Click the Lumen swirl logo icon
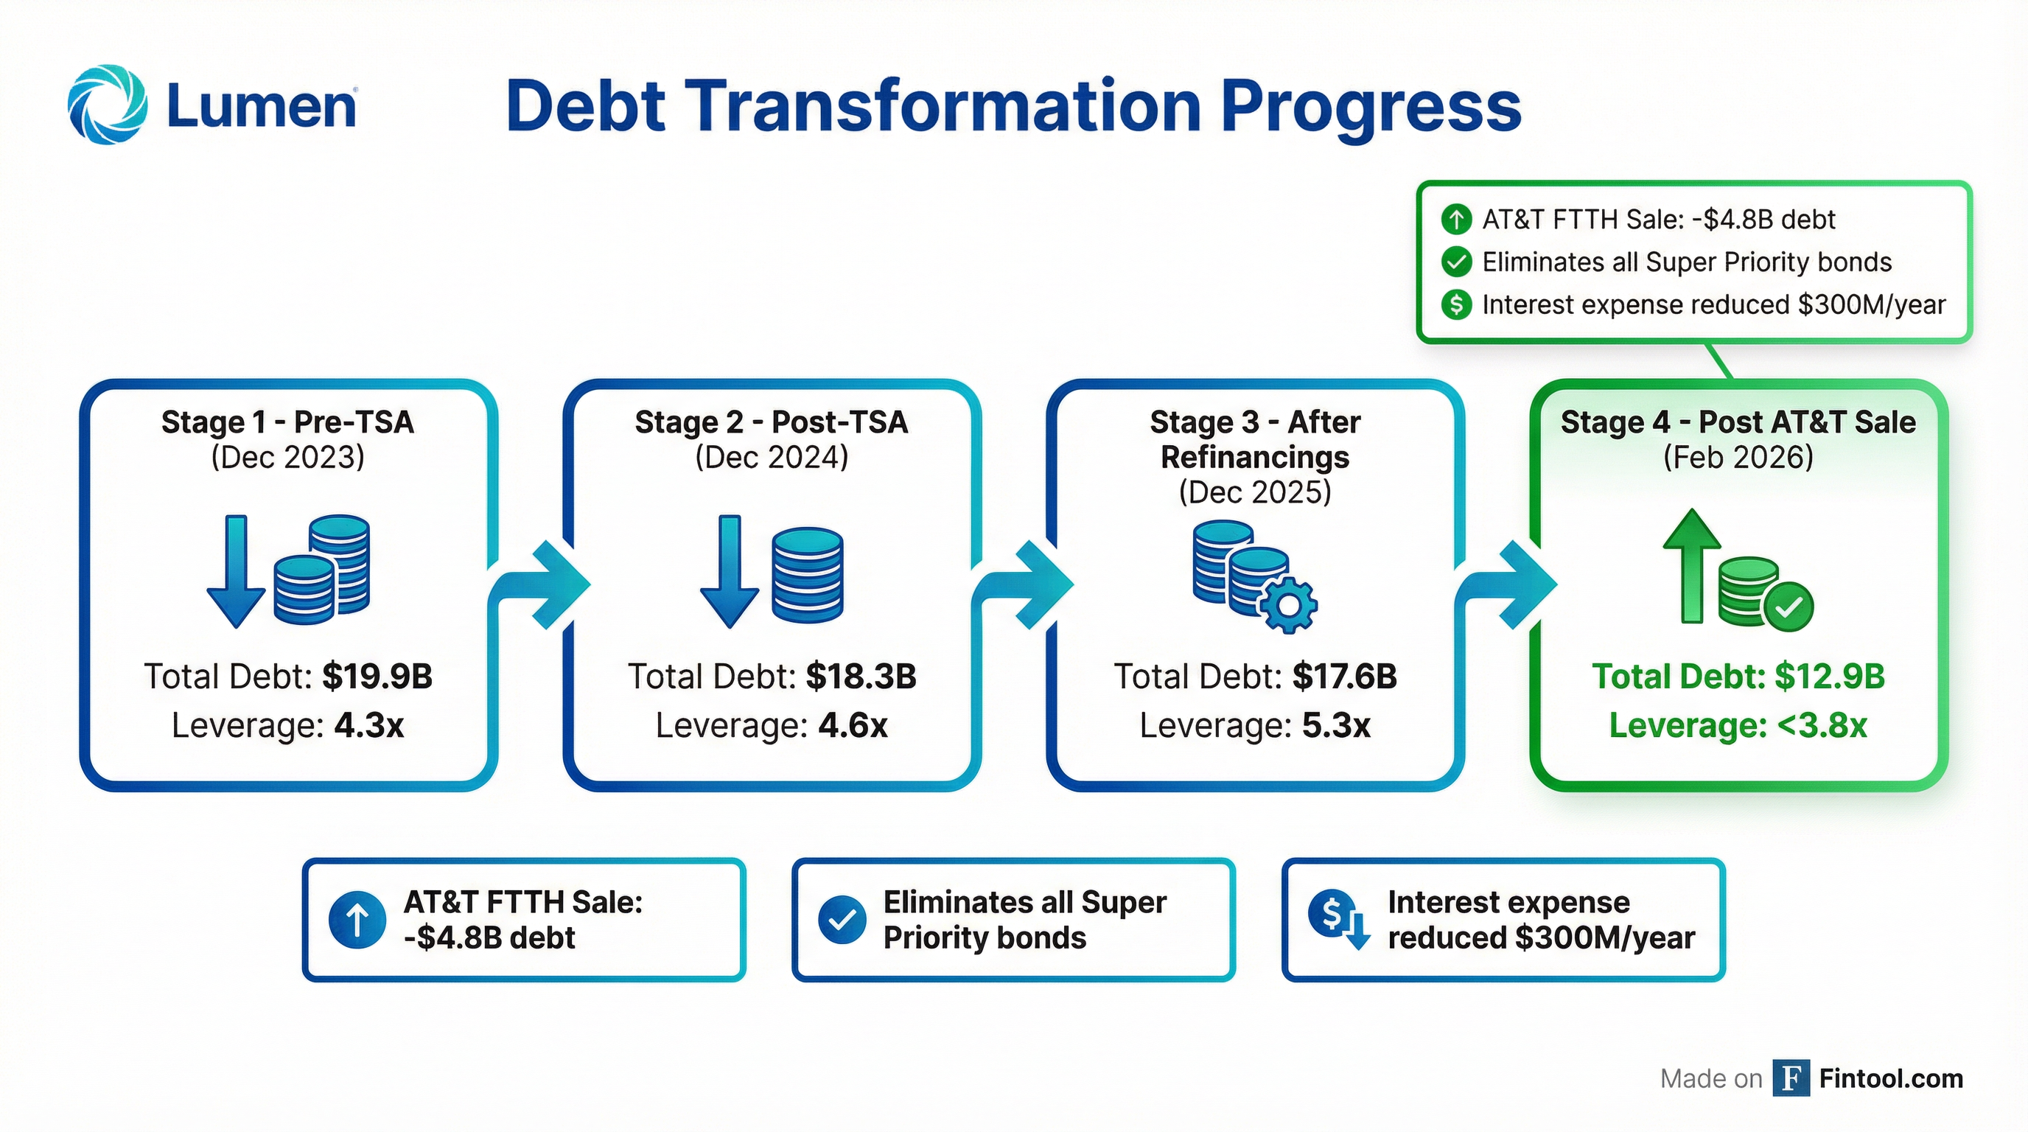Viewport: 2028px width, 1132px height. (x=107, y=105)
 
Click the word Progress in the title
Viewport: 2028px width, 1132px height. (x=1371, y=108)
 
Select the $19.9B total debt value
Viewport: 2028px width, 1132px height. (x=377, y=677)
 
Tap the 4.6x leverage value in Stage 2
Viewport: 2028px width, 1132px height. (x=853, y=725)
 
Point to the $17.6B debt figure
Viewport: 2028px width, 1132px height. (x=1345, y=677)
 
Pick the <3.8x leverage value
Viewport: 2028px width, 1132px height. (x=1822, y=725)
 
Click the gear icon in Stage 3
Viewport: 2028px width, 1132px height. (x=1288, y=604)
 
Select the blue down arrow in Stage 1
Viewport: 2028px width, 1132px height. (x=235, y=570)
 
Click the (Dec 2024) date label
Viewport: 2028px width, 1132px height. (x=772, y=458)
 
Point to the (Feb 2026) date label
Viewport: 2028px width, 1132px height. (x=1738, y=458)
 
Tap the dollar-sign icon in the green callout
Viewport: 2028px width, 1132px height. (x=1456, y=304)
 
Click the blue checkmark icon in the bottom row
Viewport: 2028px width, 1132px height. (x=842, y=920)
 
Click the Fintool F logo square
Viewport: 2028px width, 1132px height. (x=1791, y=1077)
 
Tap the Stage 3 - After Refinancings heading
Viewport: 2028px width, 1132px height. (x=1255, y=439)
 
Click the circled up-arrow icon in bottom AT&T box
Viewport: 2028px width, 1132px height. (x=357, y=920)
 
